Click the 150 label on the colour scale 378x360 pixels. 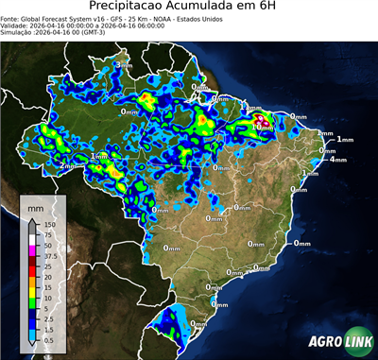(51, 224)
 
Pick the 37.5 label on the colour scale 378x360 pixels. (51, 255)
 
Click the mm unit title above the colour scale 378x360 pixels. (36, 206)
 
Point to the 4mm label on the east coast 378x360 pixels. (337, 159)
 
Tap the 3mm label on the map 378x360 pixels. (124, 63)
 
